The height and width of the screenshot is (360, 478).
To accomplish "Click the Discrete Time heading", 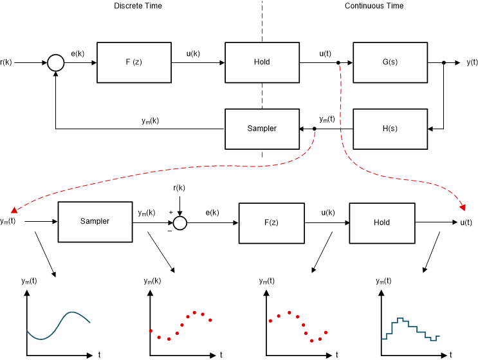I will pyautogui.click(x=138, y=6).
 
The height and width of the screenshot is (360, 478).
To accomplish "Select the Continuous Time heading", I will pyautogui.click(x=374, y=6).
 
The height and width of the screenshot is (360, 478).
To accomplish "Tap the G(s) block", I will pyautogui.click(x=391, y=62).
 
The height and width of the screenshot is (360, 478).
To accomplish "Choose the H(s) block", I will pyautogui.click(x=391, y=129).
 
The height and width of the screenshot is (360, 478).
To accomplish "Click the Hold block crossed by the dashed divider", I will pyautogui.click(x=262, y=62).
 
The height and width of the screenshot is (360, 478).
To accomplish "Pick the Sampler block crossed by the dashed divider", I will pyautogui.click(x=262, y=129).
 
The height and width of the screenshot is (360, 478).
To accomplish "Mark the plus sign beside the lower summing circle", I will pyautogui.click(x=171, y=212).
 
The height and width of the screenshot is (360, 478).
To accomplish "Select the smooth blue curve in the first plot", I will pyautogui.click(x=58, y=325).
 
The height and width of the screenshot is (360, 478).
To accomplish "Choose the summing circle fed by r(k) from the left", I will pyautogui.click(x=56, y=62).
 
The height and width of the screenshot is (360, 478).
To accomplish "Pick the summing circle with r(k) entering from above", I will pyautogui.click(x=181, y=222).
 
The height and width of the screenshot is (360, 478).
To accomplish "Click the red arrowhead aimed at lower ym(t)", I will pyautogui.click(x=14, y=208).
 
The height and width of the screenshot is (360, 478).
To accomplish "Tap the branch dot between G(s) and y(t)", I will pyautogui.click(x=444, y=62).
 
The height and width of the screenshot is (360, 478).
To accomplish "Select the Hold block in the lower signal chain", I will pyautogui.click(x=382, y=222).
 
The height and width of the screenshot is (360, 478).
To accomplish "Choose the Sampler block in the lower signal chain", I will pyautogui.click(x=95, y=222).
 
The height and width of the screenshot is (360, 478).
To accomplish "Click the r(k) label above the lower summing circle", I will pyautogui.click(x=179, y=188).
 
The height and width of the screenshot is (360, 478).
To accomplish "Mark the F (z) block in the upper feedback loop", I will pyautogui.click(x=134, y=62).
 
